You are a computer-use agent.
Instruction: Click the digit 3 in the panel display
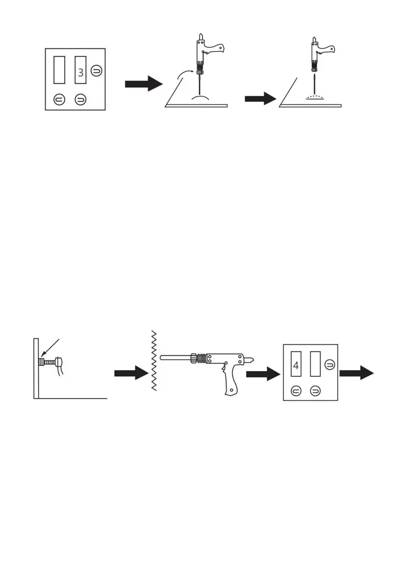pos(80,74)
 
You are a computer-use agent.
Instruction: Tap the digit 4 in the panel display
pos(296,365)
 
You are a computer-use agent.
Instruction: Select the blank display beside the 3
pos(59,71)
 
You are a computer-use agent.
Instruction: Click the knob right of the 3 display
pos(97,70)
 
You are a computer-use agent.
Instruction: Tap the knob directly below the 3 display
pos(80,100)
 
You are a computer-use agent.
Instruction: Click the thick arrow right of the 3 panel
pos(144,84)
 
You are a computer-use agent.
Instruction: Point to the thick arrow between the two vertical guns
pos(260,99)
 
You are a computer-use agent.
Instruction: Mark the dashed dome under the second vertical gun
pos(315,98)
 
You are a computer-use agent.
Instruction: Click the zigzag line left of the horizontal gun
pos(153,361)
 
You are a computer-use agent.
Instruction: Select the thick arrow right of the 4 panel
pos(358,373)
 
